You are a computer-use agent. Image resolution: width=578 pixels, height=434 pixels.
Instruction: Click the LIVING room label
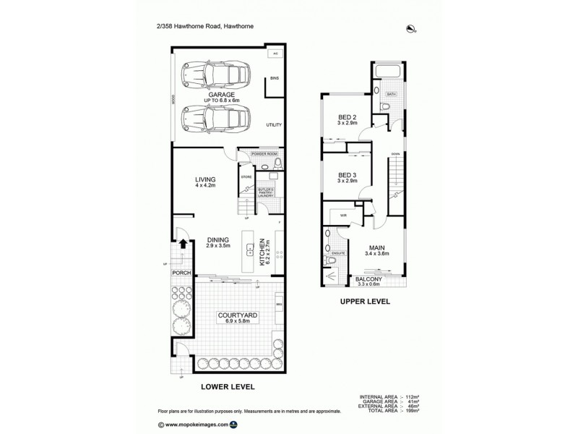[x=206, y=179]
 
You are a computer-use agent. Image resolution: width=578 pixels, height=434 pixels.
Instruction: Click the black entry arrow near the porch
[x=184, y=245]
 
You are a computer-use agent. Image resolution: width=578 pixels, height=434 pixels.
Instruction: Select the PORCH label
[x=181, y=273]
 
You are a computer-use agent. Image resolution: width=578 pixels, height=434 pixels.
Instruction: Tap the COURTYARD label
[x=229, y=316]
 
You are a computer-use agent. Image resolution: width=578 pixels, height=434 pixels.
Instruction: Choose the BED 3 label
[x=348, y=174]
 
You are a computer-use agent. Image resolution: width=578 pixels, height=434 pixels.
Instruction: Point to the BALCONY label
[x=368, y=278]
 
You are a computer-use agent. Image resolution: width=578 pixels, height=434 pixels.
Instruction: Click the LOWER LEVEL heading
[x=227, y=386]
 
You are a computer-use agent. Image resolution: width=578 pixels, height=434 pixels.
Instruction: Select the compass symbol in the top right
[x=412, y=29]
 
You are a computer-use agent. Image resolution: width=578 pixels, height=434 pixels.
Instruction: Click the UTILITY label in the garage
[x=273, y=124]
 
